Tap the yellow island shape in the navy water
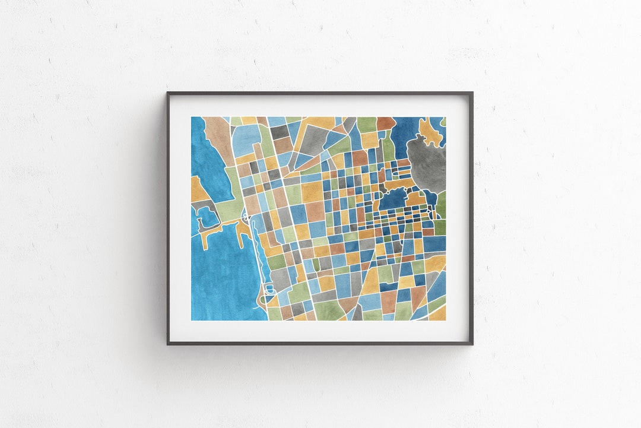(x=430, y=132)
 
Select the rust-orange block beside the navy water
(x=385, y=123)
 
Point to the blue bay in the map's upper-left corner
(x=209, y=157)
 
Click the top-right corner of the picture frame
(x=472, y=93)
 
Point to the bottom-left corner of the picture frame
(x=168, y=343)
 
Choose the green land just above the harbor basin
(x=229, y=205)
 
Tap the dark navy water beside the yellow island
(x=407, y=134)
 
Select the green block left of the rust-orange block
(x=366, y=124)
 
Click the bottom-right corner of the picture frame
(x=472, y=343)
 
